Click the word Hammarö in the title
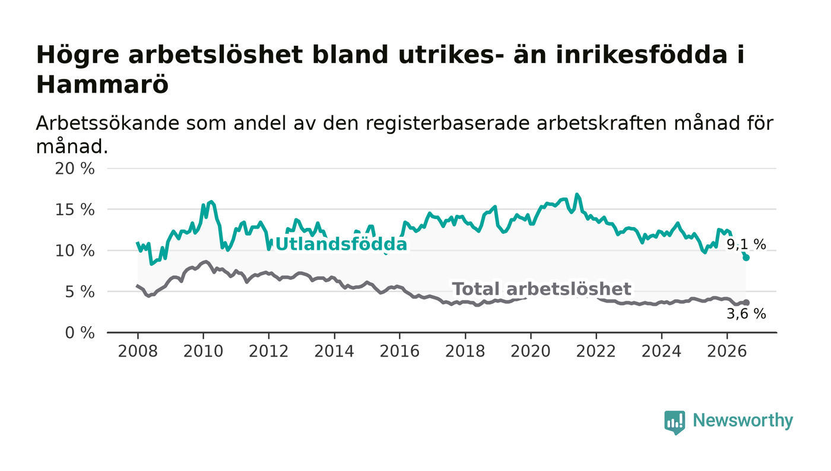(102, 85)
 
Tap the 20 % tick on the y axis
(75, 168)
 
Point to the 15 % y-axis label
(75, 210)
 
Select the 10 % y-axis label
(75, 251)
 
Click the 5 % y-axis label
(80, 292)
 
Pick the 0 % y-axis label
(80, 333)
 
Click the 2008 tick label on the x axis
(138, 351)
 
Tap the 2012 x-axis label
(268, 351)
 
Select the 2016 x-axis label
(399, 351)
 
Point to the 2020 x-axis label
(531, 351)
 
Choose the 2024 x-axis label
(661, 351)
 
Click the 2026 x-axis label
(727, 351)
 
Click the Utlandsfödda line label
(341, 244)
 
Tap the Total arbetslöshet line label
(541, 289)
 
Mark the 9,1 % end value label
(746, 244)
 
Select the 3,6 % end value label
(746, 314)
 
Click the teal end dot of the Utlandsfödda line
(746, 257)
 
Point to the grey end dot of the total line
(746, 303)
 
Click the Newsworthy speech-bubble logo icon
(674, 422)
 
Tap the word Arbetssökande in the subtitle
(107, 123)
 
